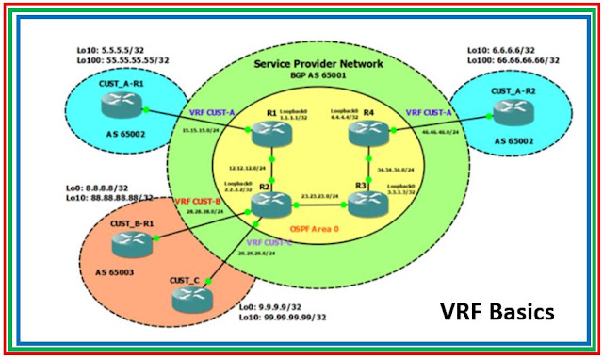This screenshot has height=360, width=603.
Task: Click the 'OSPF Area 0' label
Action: click(318, 229)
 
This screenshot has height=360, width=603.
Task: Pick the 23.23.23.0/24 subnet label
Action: click(318, 195)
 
